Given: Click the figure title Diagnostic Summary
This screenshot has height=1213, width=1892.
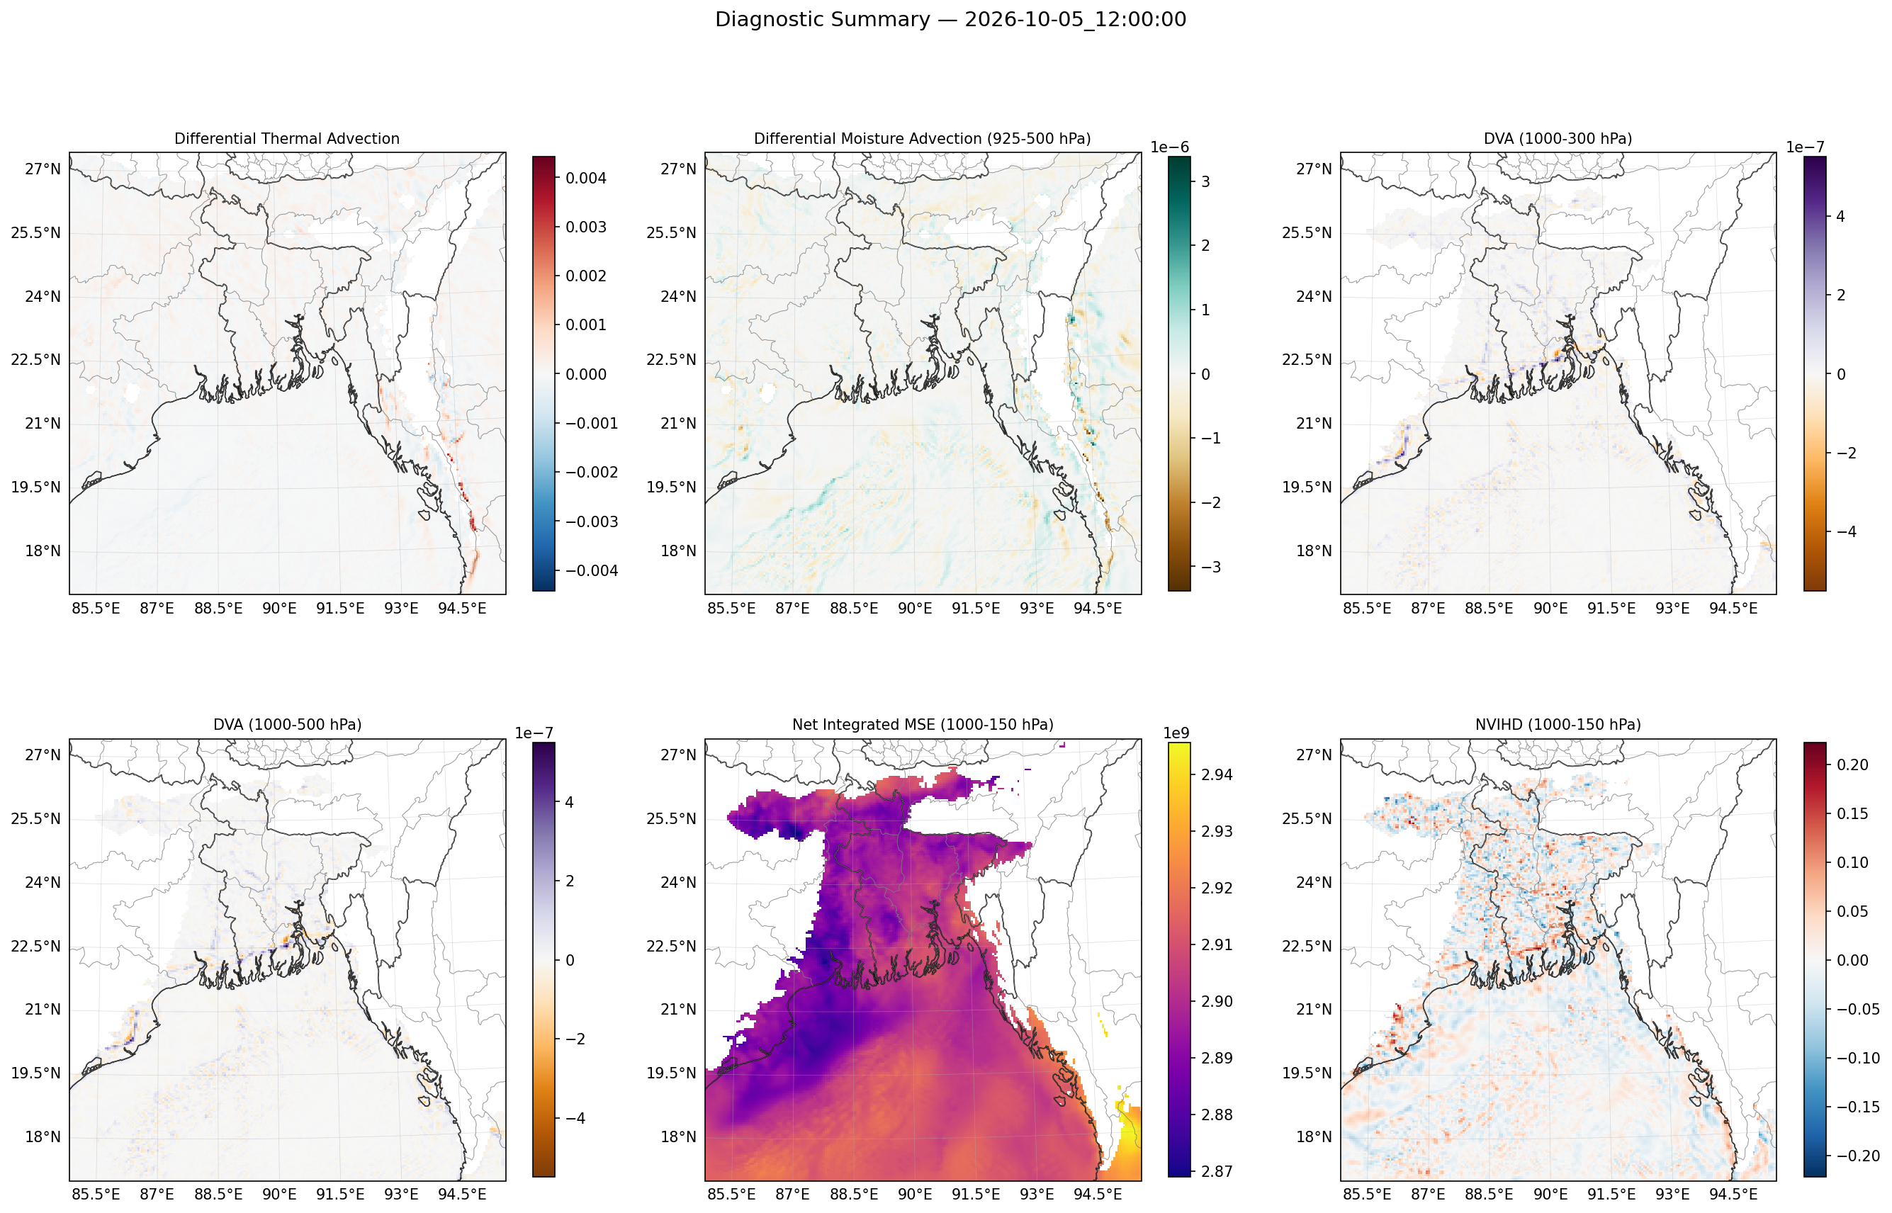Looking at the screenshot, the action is [x=822, y=20].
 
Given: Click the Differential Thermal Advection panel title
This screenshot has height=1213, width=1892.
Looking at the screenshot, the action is [x=287, y=139].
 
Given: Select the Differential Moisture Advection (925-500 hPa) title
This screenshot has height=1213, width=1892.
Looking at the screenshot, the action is [x=923, y=139].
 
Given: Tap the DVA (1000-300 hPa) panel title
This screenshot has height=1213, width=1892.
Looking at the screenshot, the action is [x=1558, y=139].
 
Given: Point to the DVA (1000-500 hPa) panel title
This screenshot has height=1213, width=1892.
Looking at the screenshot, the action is [x=288, y=725].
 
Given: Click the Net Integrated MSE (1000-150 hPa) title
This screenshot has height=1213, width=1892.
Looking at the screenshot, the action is [x=923, y=725].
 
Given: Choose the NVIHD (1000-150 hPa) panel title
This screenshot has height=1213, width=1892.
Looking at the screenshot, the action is [x=1558, y=725].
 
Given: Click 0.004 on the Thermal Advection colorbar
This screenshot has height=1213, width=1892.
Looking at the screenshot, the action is [x=586, y=178].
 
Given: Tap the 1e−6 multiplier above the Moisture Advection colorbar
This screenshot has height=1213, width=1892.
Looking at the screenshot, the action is [x=1170, y=147].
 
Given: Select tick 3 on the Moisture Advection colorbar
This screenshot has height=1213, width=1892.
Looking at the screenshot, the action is [x=1205, y=181].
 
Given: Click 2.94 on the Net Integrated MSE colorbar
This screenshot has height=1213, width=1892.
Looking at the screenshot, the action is [x=1217, y=775].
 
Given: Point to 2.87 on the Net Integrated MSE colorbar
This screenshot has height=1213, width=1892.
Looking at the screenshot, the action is [x=1217, y=1171].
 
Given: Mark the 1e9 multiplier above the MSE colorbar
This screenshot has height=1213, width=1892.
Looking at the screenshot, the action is [x=1176, y=733].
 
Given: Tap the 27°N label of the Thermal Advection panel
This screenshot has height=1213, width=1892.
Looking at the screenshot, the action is [x=43, y=169].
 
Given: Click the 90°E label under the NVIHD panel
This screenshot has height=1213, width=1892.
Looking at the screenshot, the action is [x=1550, y=1194].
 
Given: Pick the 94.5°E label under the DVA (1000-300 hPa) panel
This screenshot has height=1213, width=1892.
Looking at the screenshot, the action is [x=1733, y=608].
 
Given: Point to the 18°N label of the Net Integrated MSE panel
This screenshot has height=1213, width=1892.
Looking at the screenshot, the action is [x=678, y=1136].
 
